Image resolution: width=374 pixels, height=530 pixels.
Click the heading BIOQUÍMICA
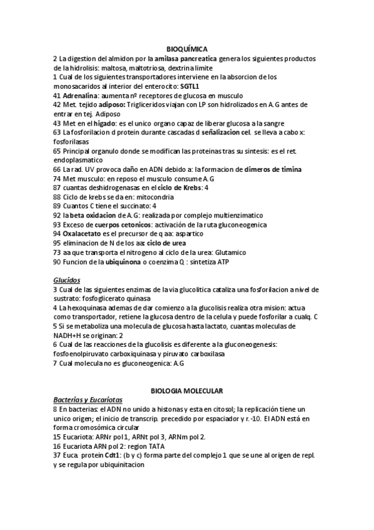[187, 48]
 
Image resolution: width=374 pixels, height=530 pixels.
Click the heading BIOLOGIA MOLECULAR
[187, 390]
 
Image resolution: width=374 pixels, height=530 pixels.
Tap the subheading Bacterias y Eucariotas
[87, 399]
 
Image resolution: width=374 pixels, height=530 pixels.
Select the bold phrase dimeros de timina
[273, 169]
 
